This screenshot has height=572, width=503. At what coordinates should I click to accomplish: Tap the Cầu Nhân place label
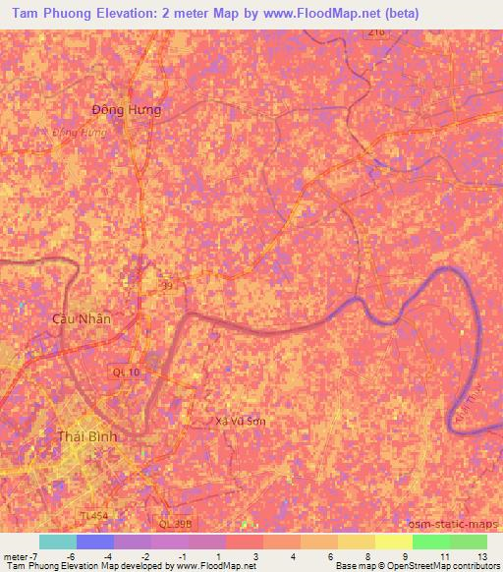pos(82,319)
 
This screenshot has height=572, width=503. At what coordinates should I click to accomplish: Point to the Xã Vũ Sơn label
pos(240,421)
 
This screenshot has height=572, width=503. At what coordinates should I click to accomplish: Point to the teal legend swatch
pos(57,542)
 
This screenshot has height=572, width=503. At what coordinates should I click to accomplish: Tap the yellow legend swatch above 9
pos(393,542)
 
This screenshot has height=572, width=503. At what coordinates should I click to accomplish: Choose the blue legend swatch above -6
pos(94,542)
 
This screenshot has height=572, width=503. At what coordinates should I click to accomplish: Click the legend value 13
pos(481,556)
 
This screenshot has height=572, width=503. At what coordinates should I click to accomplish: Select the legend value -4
pos(108,556)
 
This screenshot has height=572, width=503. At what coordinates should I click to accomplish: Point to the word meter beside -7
pos(17,556)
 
